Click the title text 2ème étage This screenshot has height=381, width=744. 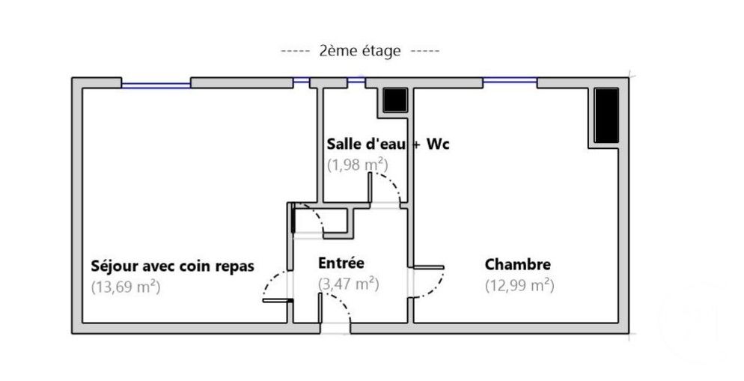pyautogui.click(x=360, y=51)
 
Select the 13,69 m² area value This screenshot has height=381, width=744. pyautogui.click(x=126, y=285)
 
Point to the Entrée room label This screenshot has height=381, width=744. pyautogui.click(x=341, y=263)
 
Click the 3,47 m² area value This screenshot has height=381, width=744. pyautogui.click(x=347, y=284)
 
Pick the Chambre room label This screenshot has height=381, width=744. pyautogui.click(x=518, y=264)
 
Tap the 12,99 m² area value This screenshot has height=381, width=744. pyautogui.click(x=519, y=284)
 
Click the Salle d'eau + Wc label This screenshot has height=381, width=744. pyautogui.click(x=388, y=144)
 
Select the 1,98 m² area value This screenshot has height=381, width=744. pyautogui.click(x=356, y=164)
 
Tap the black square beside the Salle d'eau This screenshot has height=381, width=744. pyautogui.click(x=394, y=100)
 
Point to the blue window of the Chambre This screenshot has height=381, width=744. pyautogui.click(x=510, y=80)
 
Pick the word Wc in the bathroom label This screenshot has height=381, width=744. pyautogui.click(x=438, y=144)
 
